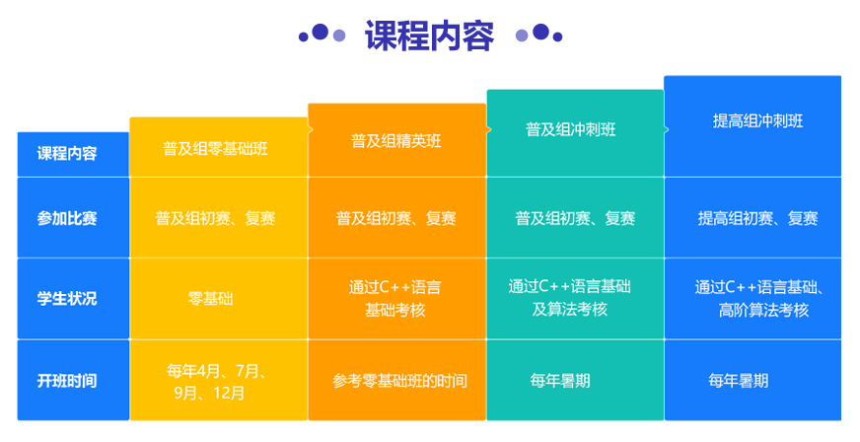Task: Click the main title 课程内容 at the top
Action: tap(429, 36)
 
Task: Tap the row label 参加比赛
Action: tap(67, 218)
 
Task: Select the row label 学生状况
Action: tap(67, 299)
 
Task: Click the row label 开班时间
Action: tap(67, 381)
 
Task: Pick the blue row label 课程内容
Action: tap(67, 154)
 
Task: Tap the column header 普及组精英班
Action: tap(396, 141)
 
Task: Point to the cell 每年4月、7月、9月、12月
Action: tap(217, 382)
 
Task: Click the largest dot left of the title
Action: tap(320, 33)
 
